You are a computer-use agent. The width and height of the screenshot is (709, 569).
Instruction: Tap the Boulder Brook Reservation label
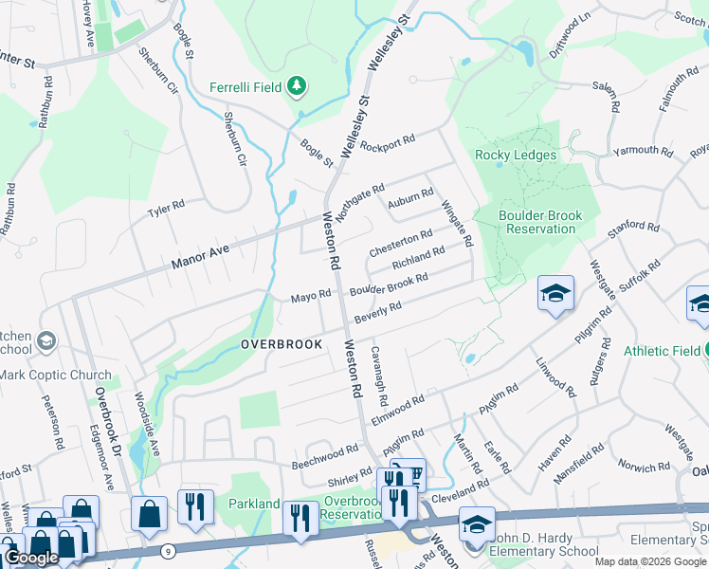(x=540, y=222)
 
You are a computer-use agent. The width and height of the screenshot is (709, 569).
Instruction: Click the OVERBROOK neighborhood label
(x=282, y=343)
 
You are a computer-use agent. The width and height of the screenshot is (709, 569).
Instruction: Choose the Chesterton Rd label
(x=400, y=243)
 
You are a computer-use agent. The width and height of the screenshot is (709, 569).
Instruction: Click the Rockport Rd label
(x=390, y=145)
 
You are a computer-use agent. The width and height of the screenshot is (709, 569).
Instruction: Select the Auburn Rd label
(x=410, y=202)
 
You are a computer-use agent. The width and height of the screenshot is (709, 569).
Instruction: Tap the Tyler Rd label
(x=165, y=208)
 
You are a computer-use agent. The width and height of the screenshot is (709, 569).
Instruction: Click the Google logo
(x=30, y=558)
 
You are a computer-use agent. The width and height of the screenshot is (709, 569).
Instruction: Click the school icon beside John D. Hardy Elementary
(x=476, y=523)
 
